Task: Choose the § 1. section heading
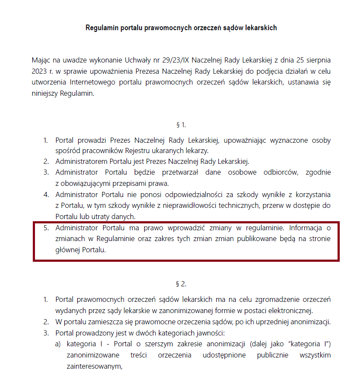coord(181,125)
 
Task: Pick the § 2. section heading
coord(181,284)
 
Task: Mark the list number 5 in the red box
coord(46,228)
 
